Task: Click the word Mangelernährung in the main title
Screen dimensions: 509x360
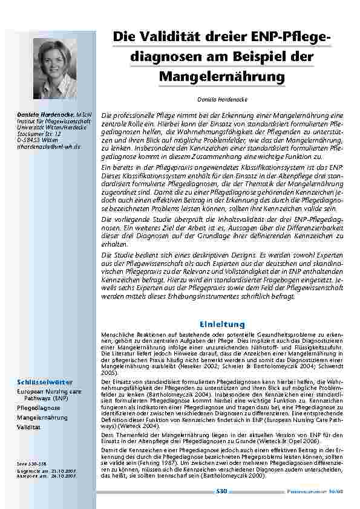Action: point(221,77)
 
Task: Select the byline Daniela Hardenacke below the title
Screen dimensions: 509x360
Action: point(221,98)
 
